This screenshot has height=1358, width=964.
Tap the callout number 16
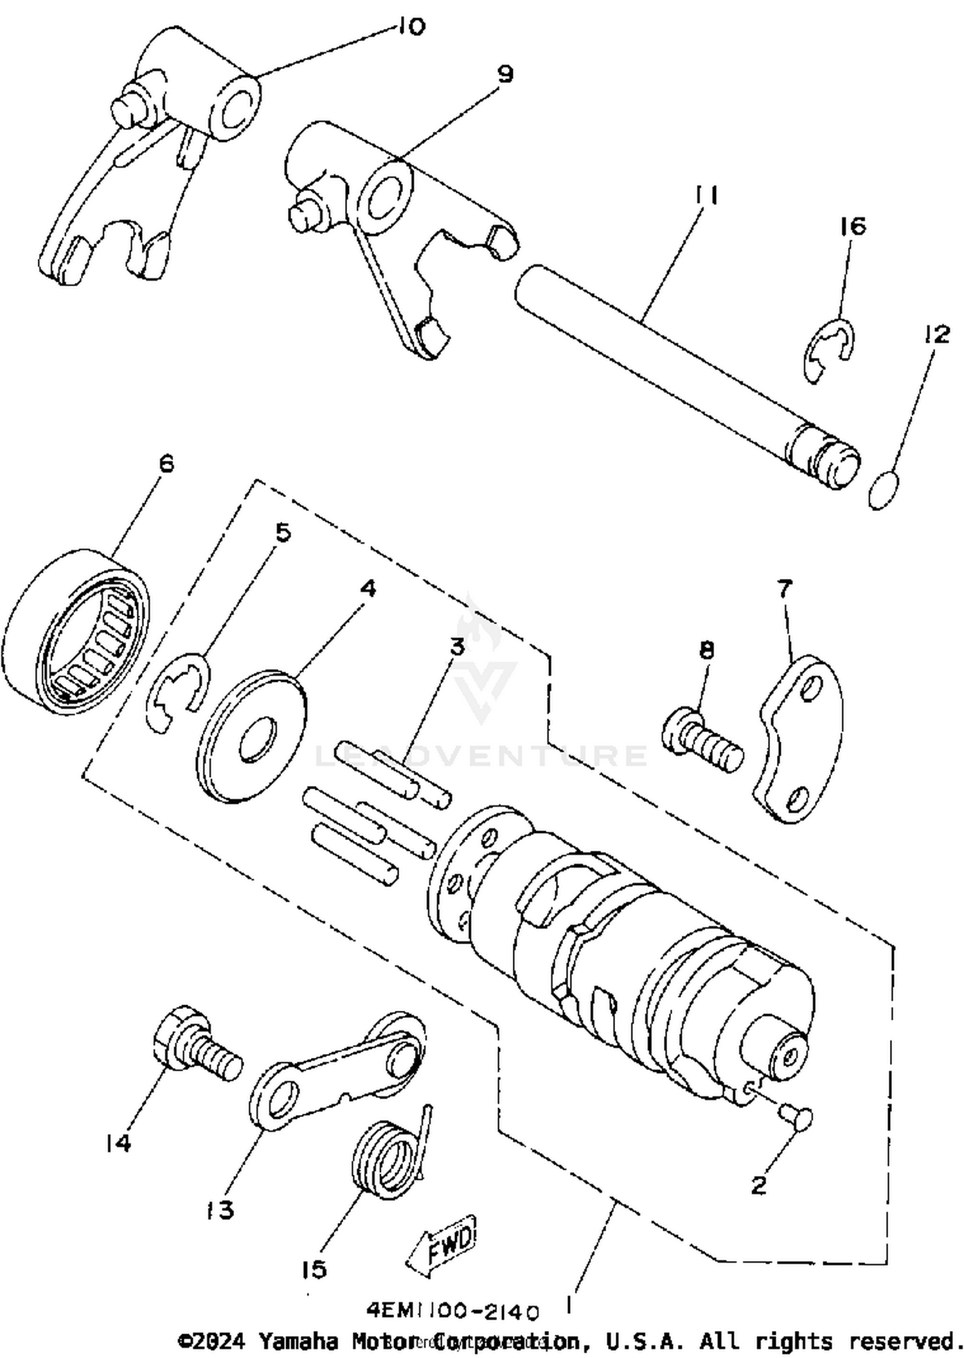pyautogui.click(x=853, y=226)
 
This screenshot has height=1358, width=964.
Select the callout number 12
pyautogui.click(x=937, y=334)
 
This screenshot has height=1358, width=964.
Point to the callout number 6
pyautogui.click(x=166, y=463)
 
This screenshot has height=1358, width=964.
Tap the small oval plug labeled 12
pyautogui.click(x=884, y=491)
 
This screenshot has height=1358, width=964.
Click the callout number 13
pyautogui.click(x=220, y=1210)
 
